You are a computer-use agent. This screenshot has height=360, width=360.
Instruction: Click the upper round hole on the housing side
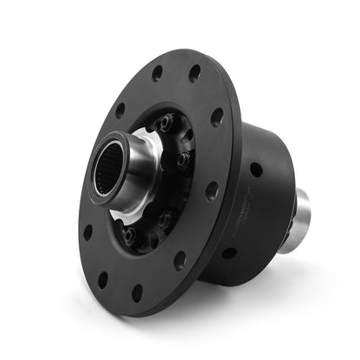coord(256,170)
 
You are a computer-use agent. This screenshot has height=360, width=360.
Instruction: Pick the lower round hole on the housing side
coord(229,253)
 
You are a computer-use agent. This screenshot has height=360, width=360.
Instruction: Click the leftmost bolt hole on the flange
coord(87,232)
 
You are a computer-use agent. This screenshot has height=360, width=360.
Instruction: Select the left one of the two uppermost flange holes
coord(157,74)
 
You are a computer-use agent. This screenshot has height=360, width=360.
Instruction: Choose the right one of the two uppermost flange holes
coord(194,74)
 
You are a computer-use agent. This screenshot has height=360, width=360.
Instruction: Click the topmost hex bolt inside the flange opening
coord(166,122)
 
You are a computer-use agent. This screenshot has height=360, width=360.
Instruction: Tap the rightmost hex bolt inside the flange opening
coord(183,159)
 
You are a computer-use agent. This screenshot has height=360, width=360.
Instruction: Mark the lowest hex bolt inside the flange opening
coord(129,235)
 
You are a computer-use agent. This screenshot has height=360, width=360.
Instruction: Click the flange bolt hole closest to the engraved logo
coord(210,190)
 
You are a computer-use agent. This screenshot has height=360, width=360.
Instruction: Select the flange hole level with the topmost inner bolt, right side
coord(216,116)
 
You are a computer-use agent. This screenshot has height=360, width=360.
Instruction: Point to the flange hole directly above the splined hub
coord(119,110)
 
